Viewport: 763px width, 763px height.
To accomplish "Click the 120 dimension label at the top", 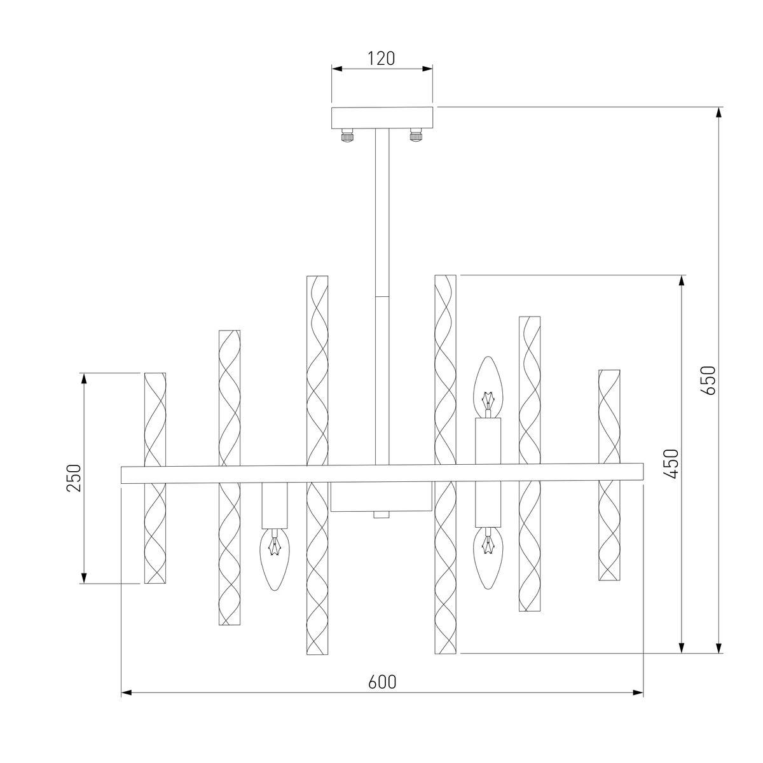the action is click(x=381, y=58).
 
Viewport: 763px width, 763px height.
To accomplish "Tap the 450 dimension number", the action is click(x=672, y=464).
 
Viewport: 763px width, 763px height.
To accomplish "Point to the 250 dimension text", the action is click(x=74, y=478).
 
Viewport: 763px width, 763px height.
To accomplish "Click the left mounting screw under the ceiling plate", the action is click(x=347, y=135).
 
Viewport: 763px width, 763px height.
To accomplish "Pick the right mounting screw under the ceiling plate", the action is click(x=416, y=135).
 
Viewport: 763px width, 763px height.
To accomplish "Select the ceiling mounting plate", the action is click(x=382, y=118).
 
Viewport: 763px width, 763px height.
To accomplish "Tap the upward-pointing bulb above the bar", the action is click(x=488, y=387).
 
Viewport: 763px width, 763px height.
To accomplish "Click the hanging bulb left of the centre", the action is click(x=275, y=559).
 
